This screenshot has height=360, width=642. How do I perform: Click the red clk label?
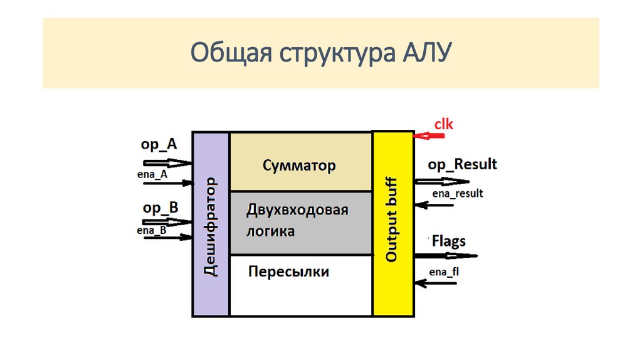[443, 125]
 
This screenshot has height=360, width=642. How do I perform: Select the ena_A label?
[152, 175]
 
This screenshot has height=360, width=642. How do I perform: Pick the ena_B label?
[151, 231]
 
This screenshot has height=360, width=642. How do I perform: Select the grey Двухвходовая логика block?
[300, 223]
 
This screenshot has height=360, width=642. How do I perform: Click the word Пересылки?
[288, 272]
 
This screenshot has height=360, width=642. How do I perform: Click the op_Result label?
[462, 164]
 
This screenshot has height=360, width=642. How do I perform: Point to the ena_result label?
[456, 194]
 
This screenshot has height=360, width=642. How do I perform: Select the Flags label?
[449, 241]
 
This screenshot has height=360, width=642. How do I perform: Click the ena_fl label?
[445, 272]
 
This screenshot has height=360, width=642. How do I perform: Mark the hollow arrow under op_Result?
[441, 181]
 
